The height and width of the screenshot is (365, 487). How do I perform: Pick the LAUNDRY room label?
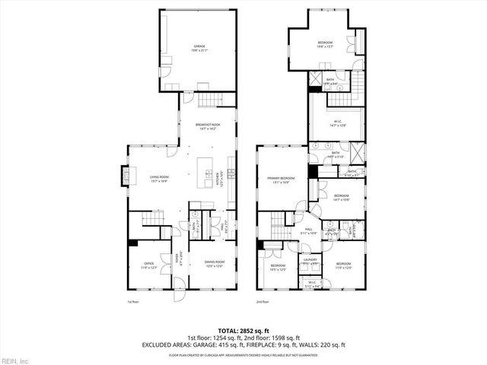(x=310, y=261)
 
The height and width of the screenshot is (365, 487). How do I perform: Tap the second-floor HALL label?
(x=310, y=229)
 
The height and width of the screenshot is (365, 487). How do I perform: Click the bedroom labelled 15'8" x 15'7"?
(x=325, y=43)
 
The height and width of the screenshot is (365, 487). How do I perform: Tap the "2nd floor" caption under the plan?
(x=263, y=302)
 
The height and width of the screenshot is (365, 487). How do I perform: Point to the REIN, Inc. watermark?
(x=15, y=360)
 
